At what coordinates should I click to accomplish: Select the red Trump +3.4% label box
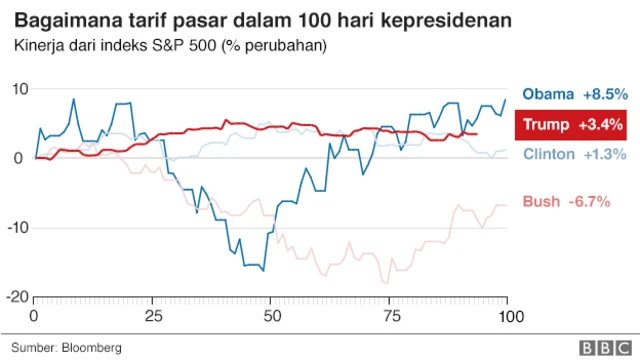570,125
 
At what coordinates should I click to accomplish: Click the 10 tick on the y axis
18,89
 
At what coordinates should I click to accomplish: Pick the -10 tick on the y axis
15,228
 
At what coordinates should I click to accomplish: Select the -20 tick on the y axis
15,297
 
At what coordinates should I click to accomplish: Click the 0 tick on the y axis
21,158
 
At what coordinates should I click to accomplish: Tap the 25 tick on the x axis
153,316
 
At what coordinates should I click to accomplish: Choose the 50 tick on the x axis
271,316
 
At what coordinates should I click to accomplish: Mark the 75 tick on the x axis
389,316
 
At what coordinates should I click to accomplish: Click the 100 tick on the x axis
507,316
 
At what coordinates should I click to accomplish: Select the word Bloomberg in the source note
92,347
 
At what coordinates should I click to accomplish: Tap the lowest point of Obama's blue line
263,270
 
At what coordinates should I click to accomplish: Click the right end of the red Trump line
477,134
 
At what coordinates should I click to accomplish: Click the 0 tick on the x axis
35,316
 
